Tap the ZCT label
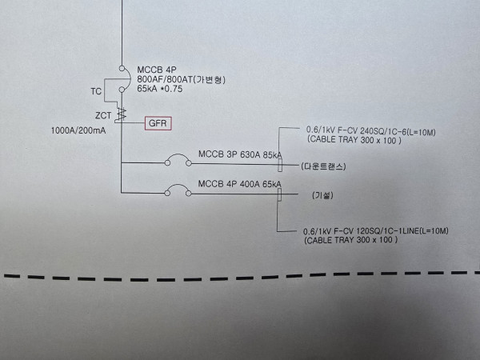pyautogui.click(x=103, y=116)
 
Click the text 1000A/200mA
pyautogui.click(x=79, y=130)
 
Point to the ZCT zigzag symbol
pyautogui.click(x=122, y=114)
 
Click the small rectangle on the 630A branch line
pyautogui.click(x=279, y=164)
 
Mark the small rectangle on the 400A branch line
pyautogui.click(x=279, y=195)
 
